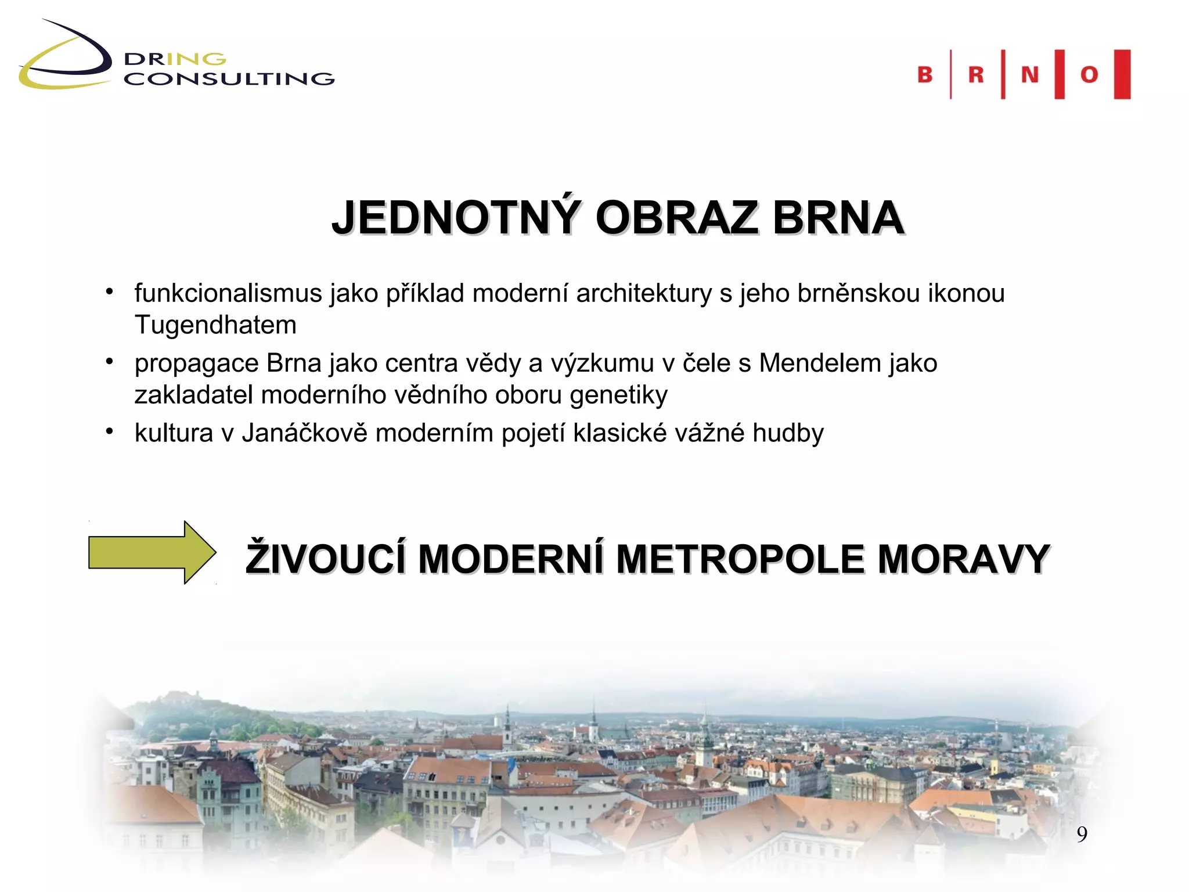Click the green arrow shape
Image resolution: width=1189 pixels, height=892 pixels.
151,552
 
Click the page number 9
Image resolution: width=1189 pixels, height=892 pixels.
1082,835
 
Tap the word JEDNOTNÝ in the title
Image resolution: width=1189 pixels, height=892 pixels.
456,218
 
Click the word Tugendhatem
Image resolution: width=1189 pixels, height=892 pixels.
215,325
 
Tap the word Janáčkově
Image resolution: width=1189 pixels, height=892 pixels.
304,433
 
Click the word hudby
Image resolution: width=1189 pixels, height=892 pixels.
788,433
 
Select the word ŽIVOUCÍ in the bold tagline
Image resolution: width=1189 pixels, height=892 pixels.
325,559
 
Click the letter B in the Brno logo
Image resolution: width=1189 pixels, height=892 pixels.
924,74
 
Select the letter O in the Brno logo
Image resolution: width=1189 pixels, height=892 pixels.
1089,74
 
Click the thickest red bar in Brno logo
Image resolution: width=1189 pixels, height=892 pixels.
1122,74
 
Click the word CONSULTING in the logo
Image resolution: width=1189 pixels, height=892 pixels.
229,79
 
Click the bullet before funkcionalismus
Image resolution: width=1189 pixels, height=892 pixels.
109,292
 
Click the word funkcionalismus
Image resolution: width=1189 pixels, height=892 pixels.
228,293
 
